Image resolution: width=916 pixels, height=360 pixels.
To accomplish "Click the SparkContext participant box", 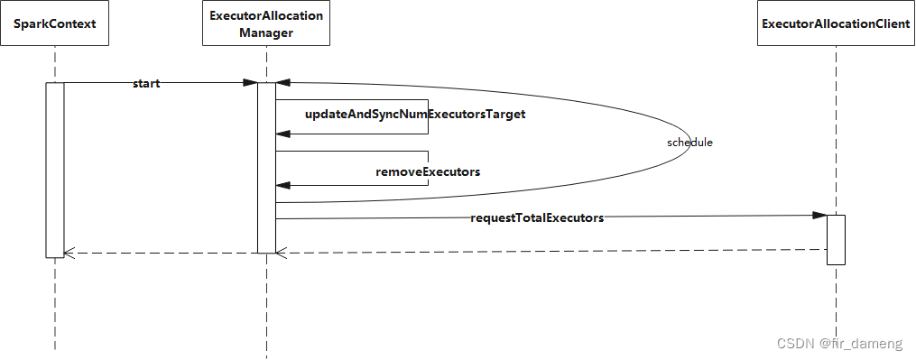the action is click(x=55, y=24).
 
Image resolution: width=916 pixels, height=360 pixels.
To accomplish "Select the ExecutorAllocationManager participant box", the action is click(x=266, y=24).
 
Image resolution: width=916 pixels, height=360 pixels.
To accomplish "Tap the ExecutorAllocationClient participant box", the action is click(x=836, y=24).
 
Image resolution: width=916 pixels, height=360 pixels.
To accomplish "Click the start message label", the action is click(x=146, y=84).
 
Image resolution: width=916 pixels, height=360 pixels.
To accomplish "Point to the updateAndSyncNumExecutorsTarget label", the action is click(x=415, y=114).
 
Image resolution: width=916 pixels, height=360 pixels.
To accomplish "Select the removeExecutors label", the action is click(x=428, y=172).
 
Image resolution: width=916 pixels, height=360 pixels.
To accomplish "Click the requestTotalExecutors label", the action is click(x=537, y=218).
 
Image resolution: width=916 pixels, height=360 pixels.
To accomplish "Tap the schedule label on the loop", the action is click(x=689, y=142).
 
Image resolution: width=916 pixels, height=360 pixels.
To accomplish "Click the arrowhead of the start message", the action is click(x=251, y=83).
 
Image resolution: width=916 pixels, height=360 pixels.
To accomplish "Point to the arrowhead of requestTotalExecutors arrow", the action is click(x=819, y=216).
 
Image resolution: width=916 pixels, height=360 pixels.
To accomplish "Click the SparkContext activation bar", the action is click(x=55, y=170).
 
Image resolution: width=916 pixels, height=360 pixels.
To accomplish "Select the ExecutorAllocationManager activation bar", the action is click(x=266, y=168).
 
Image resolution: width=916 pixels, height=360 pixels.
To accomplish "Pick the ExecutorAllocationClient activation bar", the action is click(x=836, y=240).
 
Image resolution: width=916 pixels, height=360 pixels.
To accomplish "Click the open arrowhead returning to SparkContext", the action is click(x=69, y=253).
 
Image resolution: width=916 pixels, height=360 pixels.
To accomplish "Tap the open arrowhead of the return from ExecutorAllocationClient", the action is click(x=281, y=253).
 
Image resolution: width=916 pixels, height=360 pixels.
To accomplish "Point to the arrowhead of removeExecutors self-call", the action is click(x=282, y=185).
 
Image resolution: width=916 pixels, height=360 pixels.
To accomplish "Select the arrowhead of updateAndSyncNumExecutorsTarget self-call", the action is click(x=282, y=134).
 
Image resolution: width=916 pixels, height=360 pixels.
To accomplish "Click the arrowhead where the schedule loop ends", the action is click(x=282, y=83).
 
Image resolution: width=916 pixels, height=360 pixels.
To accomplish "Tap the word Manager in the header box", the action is click(x=266, y=32).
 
